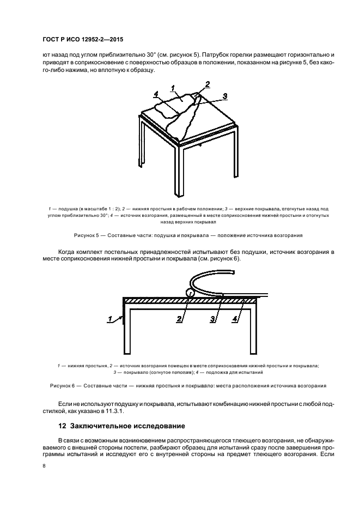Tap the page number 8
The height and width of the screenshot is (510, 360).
point(45,465)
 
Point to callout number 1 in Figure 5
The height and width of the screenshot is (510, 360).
point(173,88)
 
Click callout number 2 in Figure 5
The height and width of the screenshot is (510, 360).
point(207,84)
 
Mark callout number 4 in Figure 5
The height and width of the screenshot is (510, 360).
point(156,94)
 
